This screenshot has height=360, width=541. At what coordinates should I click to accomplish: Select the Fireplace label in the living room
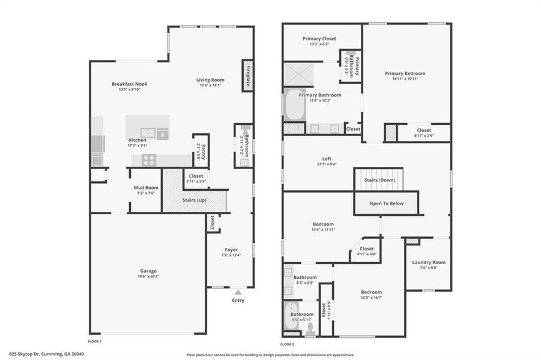tap(247, 75)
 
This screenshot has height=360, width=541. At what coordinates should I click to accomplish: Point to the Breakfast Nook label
tap(129, 84)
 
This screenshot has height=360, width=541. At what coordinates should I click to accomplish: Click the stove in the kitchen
tap(148, 160)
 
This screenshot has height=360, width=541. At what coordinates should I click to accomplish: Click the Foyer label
tap(231, 250)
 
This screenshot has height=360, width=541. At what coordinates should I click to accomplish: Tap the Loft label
tap(327, 158)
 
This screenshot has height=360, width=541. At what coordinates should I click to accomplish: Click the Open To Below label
tap(387, 203)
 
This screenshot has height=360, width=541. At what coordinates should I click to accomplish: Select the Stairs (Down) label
tap(379, 179)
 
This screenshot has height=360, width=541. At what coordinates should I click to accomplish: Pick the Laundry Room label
tap(429, 262)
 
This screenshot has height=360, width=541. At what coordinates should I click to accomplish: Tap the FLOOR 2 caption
tap(288, 344)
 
